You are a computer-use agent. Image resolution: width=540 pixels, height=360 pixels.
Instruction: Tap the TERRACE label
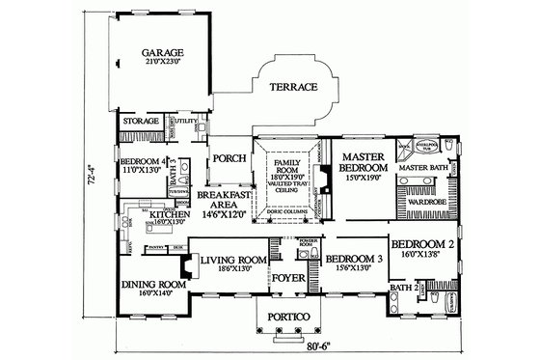pos(292,87)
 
